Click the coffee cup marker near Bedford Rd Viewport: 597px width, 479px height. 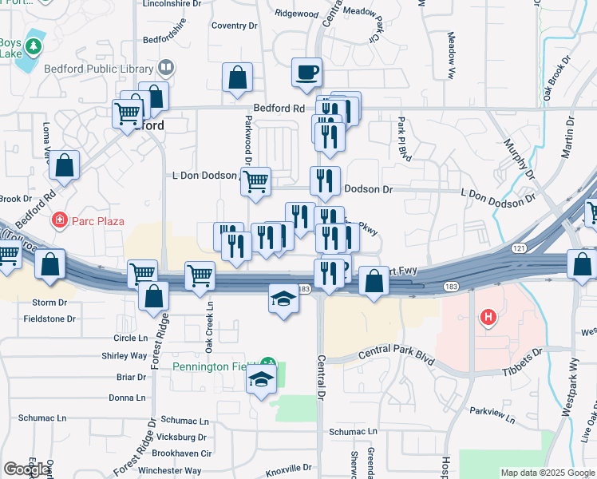(306, 73)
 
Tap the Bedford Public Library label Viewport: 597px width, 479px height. (103, 69)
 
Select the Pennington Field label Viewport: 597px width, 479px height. (211, 366)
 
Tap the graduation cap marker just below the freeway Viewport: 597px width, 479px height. (283, 299)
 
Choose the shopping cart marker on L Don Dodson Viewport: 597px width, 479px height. (255, 181)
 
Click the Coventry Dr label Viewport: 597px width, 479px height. (235, 26)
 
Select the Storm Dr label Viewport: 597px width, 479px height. (50, 303)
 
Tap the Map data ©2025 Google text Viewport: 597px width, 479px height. (547, 473)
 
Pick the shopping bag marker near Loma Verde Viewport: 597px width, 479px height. (65, 166)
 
